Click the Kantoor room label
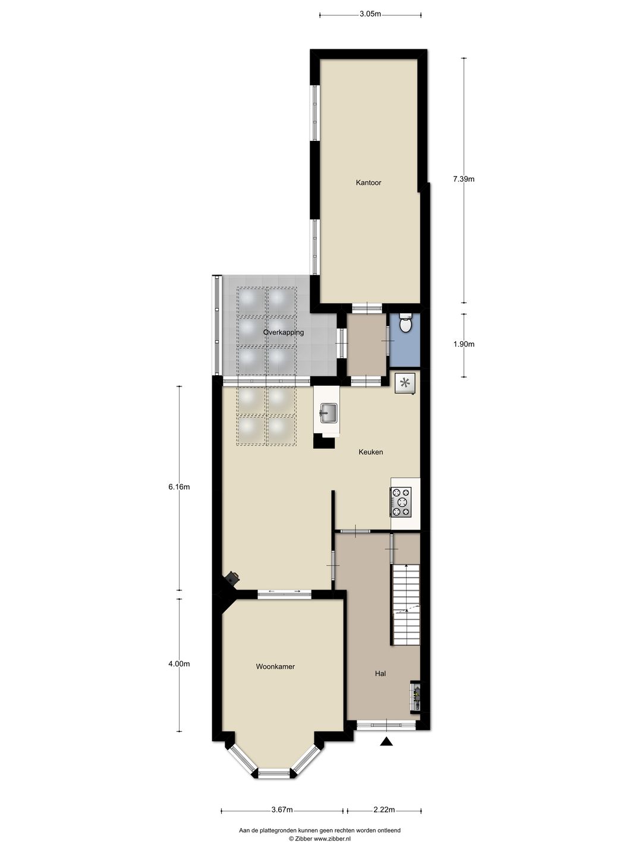point(369,182)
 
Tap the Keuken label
point(370,452)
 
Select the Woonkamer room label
point(275,666)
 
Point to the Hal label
point(380,674)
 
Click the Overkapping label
point(284,332)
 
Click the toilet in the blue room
point(406,324)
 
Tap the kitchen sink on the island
point(328,411)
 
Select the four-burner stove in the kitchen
point(401,502)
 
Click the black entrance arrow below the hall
point(387,741)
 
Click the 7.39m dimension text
point(464,178)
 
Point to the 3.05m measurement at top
point(370,14)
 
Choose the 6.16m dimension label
point(179,487)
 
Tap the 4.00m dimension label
point(179,664)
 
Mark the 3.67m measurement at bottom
point(282,810)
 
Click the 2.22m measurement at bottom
point(384,810)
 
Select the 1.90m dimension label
point(464,344)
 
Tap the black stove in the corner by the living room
point(232,577)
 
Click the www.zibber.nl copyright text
point(320,839)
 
